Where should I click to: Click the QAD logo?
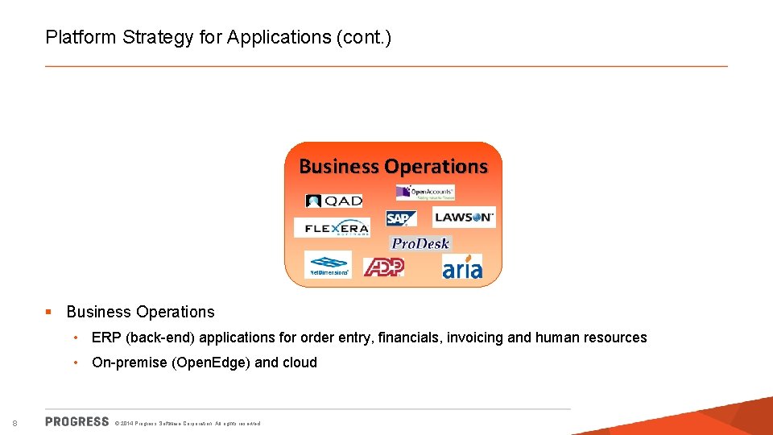coord(334,201)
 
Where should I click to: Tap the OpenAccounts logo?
coord(425,192)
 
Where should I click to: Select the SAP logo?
coord(401,218)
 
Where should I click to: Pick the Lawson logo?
coord(465,217)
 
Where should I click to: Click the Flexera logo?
coord(332,228)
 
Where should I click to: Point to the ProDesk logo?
coord(420,243)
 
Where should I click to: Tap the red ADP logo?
coord(383,267)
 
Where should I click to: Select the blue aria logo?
coord(462,267)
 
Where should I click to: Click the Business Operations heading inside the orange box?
coord(393,167)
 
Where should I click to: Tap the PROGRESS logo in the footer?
coord(77,421)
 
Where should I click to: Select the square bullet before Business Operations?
coord(49,312)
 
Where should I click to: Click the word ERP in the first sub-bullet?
coord(106,338)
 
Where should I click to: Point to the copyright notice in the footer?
coord(188,423)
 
